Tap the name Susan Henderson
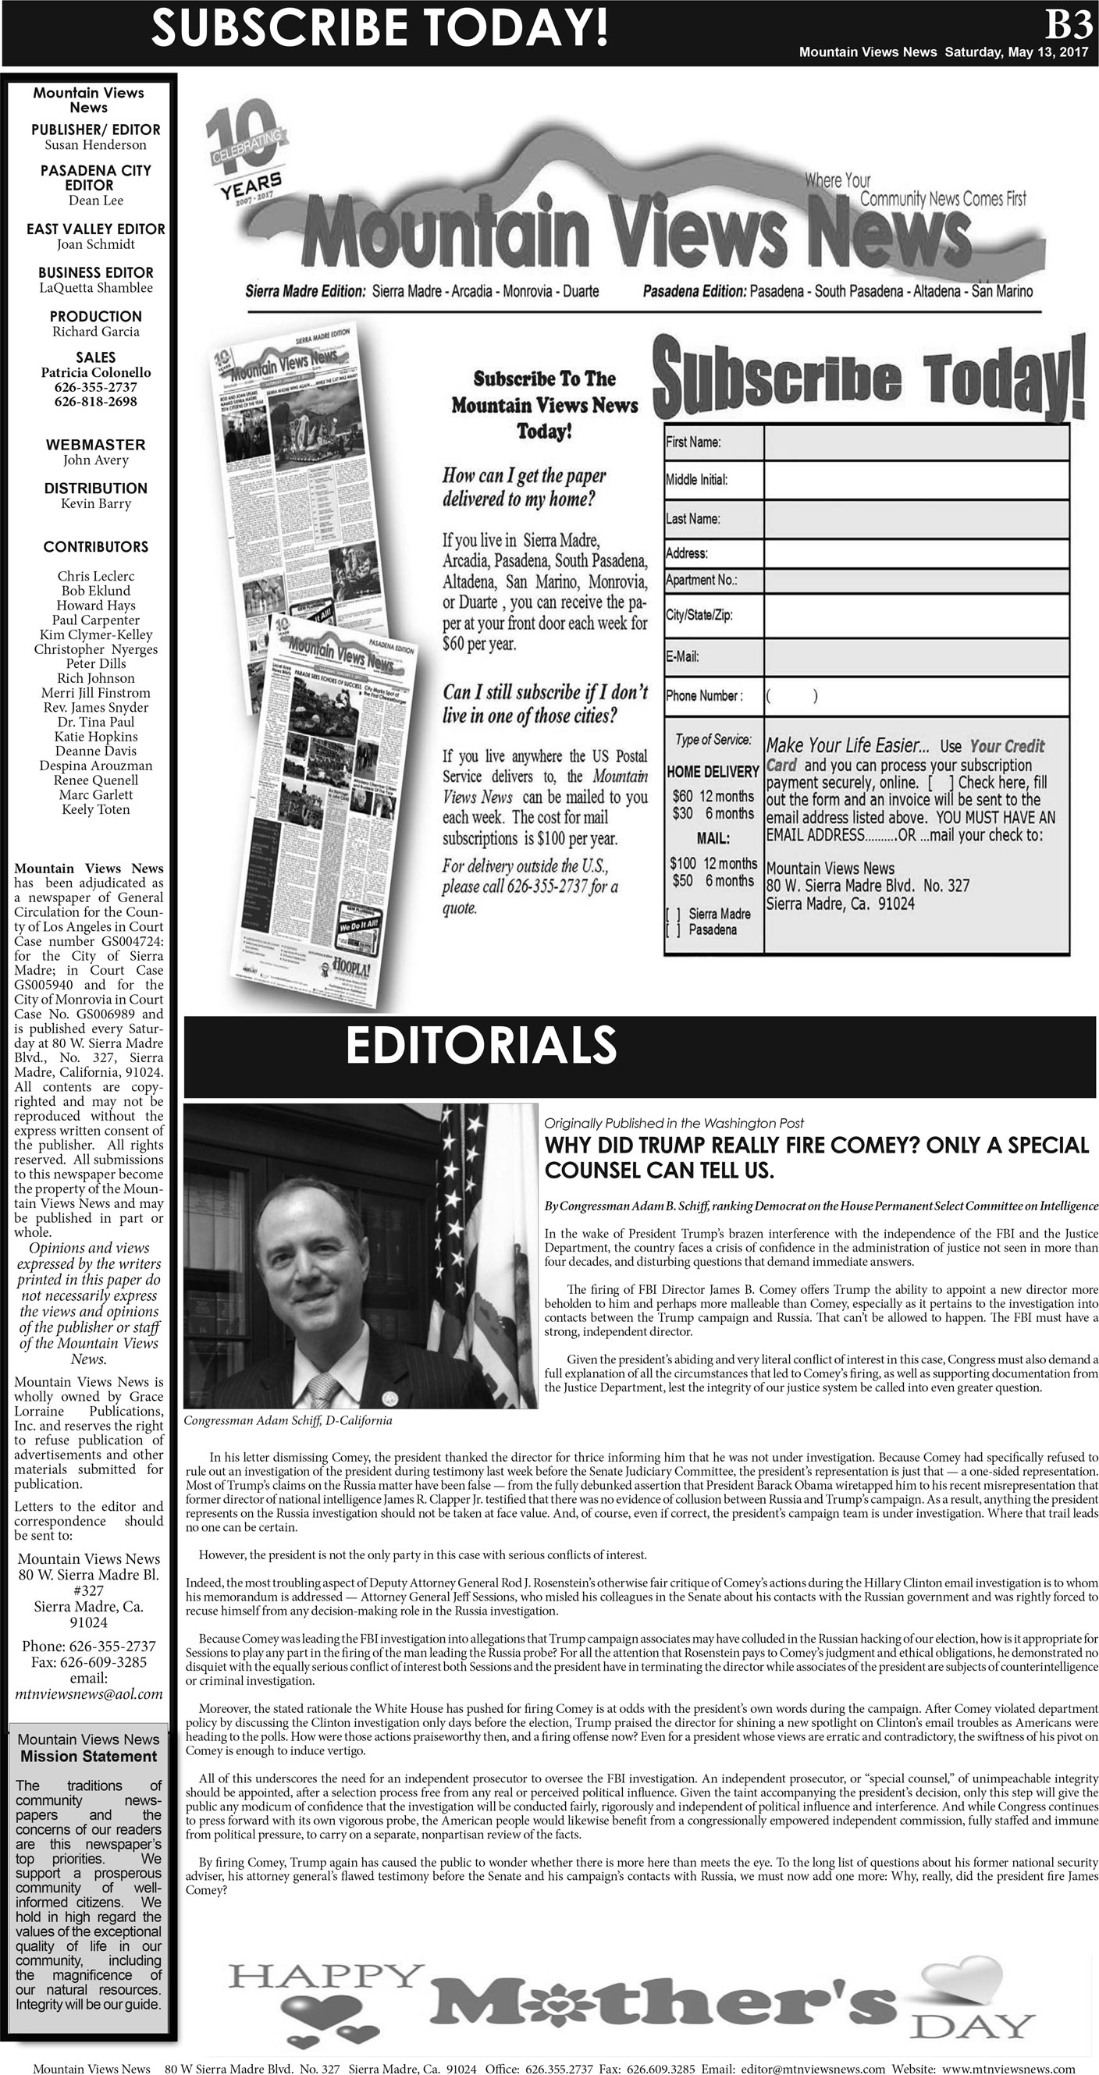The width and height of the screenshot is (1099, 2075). tap(95, 145)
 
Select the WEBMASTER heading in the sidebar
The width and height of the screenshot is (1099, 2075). tap(95, 445)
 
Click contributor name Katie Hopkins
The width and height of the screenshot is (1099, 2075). tap(95, 736)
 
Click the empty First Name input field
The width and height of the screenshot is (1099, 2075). tap(916, 442)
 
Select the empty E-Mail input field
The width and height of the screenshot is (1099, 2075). tap(916, 656)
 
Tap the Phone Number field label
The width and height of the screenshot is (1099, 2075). tap(704, 696)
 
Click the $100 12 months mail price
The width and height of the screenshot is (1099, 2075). tap(713, 863)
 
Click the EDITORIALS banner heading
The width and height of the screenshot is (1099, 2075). tap(481, 1046)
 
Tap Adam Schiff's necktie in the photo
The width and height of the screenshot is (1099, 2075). tap(324, 1390)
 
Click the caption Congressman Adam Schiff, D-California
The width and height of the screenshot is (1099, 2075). tap(288, 1420)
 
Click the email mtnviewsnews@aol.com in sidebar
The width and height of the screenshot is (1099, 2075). tap(89, 1694)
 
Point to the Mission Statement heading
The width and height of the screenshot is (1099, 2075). tap(89, 1757)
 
